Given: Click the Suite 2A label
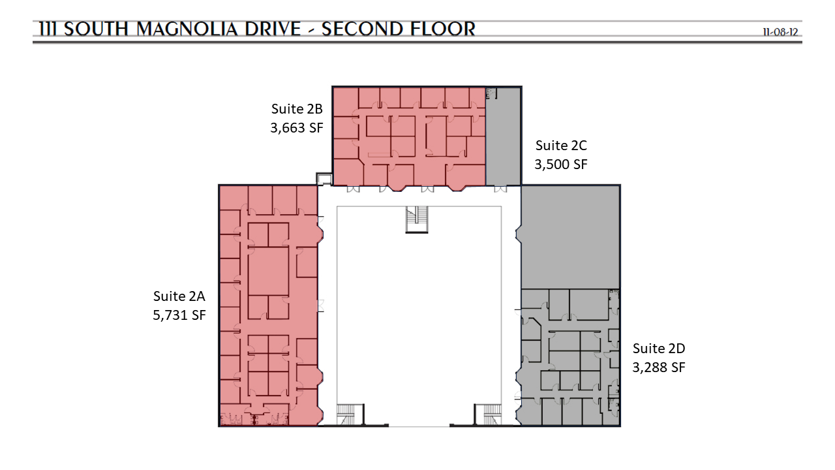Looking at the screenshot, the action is (x=179, y=296).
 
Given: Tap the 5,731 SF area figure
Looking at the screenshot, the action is (x=179, y=315).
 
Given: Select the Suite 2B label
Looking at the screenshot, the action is (x=297, y=109).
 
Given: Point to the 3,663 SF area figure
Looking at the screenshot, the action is (x=297, y=128).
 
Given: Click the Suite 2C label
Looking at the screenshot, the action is (x=561, y=146).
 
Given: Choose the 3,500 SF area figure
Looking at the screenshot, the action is (x=561, y=164).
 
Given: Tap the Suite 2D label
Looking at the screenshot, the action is (x=659, y=349).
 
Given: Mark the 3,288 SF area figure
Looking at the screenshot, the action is (x=659, y=368).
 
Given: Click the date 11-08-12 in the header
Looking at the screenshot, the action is (x=780, y=32).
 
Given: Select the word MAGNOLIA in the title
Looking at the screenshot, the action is (x=187, y=29).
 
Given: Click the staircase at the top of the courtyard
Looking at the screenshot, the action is (x=417, y=220).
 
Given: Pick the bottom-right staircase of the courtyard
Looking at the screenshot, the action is (x=488, y=415).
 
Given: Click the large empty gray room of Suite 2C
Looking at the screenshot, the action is (x=570, y=237).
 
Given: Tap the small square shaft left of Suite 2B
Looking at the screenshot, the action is (x=324, y=179).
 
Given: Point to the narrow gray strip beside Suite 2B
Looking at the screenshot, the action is (x=503, y=136).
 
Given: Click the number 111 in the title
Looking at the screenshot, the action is (x=48, y=29).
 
